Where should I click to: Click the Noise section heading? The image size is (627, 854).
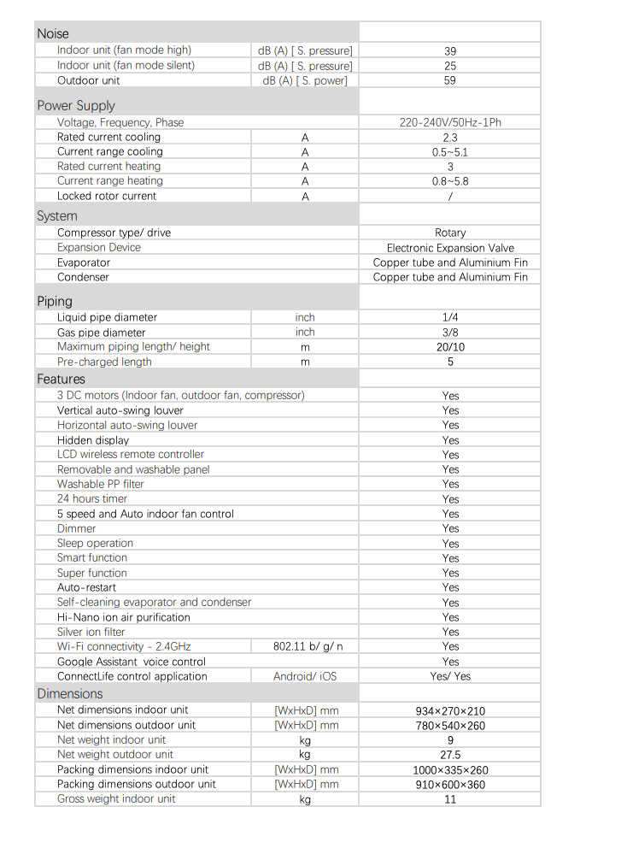coord(53,34)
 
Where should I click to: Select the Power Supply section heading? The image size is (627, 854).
coord(76,106)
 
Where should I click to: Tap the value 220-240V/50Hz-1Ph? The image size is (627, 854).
coord(450,122)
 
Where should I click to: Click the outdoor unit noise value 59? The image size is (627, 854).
coord(450,80)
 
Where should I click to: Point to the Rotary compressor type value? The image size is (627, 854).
coord(450,233)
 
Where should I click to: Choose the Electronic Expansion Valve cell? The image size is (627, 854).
coord(450,248)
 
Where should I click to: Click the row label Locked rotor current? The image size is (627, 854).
coord(107,196)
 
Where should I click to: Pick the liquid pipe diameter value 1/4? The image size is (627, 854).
coord(450,317)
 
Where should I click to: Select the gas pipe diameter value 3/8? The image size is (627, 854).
coord(450,333)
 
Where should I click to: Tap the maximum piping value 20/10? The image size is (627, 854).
coord(450,347)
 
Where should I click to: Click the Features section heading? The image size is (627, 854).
coord(62,379)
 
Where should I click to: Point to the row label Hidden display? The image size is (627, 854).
coord(93,440)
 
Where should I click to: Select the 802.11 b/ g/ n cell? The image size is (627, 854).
coord(305,646)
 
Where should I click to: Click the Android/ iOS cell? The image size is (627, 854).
coord(305,676)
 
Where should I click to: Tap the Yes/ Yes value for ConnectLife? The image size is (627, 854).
coord(450,676)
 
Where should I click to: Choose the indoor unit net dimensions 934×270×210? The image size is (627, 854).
coord(450,710)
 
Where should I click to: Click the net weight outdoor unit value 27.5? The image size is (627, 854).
coord(450,755)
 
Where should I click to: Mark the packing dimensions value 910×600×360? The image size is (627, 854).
coord(450,785)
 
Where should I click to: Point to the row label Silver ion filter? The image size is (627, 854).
coord(91,632)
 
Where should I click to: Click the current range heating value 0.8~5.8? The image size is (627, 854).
coord(450,181)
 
